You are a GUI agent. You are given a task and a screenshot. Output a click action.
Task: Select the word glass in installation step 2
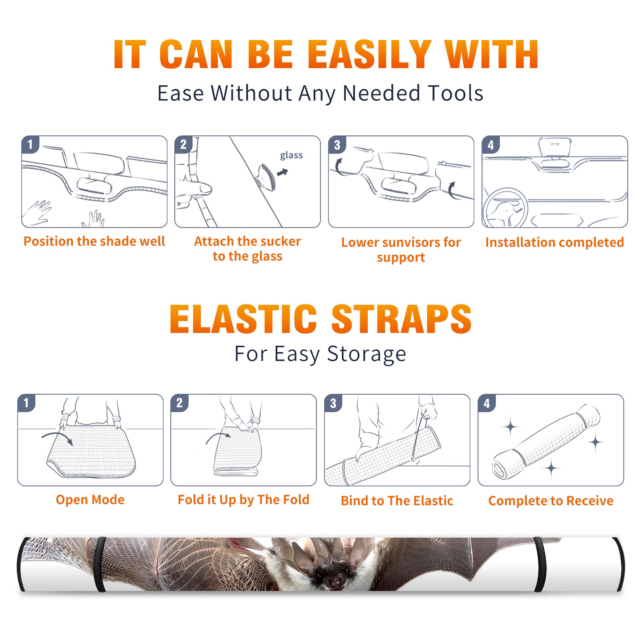pos(291,155)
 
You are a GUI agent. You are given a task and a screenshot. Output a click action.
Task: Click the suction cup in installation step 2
pos(266,177)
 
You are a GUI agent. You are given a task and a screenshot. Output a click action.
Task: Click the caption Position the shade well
pos(94,241)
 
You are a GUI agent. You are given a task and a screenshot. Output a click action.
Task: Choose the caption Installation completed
pos(554,242)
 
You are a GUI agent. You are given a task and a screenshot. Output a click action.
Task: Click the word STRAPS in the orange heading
pos(401,319)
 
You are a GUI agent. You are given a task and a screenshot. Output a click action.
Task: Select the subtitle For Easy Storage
pos(320,354)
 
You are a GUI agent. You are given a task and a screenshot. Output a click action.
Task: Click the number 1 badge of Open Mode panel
pos(26,403)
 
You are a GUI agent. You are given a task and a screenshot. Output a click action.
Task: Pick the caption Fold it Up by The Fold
pos(244,500)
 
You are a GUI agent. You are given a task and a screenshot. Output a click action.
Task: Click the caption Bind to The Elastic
pos(397,501)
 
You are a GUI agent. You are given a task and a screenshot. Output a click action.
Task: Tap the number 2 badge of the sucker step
pos(183,144)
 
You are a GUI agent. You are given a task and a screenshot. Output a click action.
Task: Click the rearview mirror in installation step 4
pos(554,147)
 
